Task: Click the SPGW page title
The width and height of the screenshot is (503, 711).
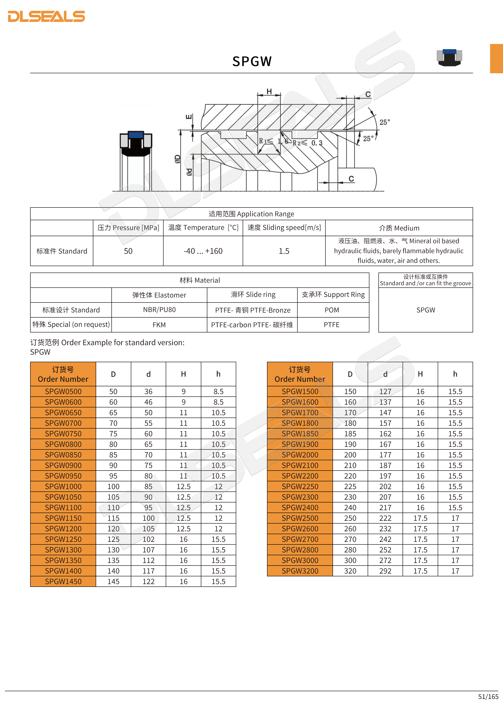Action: (x=252, y=61)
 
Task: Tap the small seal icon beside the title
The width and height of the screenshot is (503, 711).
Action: (x=449, y=57)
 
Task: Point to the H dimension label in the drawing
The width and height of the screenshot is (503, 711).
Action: (x=269, y=91)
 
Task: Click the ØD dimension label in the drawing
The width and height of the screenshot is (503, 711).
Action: (x=177, y=159)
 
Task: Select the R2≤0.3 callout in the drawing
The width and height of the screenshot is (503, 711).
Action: (x=308, y=143)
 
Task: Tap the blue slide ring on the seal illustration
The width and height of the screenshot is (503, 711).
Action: (x=136, y=135)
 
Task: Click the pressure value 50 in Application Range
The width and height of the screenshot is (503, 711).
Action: (x=128, y=251)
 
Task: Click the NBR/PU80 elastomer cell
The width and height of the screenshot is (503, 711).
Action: (x=159, y=310)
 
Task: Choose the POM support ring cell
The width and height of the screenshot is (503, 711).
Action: (x=332, y=310)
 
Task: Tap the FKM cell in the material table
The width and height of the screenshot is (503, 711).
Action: (x=159, y=325)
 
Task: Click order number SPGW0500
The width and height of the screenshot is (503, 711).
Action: (x=63, y=391)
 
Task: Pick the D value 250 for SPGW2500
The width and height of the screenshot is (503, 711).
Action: (x=350, y=518)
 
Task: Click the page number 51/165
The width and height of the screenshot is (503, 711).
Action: (x=488, y=697)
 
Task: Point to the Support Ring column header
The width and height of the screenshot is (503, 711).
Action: (x=333, y=295)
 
